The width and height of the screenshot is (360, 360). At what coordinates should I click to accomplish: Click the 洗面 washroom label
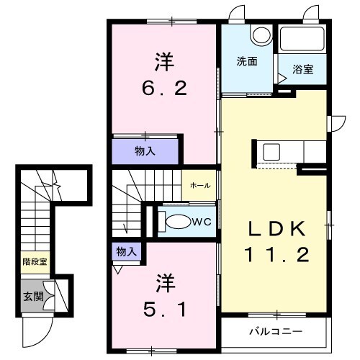coord(247,61)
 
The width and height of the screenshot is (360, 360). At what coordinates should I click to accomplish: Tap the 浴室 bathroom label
coord(302,69)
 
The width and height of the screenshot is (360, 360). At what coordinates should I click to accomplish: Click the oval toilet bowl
coord(178,222)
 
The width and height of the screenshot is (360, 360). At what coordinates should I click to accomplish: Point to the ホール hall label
coord(200,186)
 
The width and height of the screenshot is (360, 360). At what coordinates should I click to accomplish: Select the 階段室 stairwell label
coord(33,262)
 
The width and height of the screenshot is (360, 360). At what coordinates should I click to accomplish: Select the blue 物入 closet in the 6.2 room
coord(144,151)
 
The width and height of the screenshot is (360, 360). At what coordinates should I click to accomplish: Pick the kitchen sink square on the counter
coord(272,152)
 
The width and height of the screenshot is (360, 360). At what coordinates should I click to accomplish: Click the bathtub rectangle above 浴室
coord(302,40)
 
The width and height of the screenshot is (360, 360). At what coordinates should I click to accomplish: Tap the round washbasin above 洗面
coord(259,35)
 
